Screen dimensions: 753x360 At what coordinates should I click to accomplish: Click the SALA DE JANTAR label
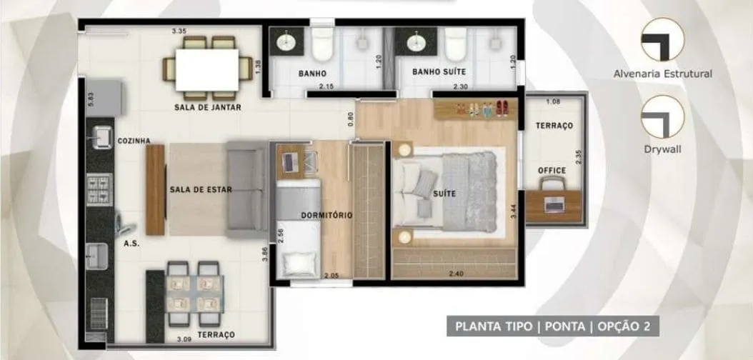[x=207, y=108]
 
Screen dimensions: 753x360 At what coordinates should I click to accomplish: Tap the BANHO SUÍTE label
[x=439, y=72]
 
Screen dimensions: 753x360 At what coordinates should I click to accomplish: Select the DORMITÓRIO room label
[x=326, y=215]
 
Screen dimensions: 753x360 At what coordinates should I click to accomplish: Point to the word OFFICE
[x=552, y=171]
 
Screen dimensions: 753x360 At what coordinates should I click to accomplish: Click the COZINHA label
[x=134, y=141]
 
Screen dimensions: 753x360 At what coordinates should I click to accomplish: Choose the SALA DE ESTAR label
[x=201, y=189]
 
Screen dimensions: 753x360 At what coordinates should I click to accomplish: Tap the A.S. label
[x=131, y=244]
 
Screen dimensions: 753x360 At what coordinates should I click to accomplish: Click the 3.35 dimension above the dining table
[x=179, y=31]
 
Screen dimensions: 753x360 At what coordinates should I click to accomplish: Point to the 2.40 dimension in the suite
[x=457, y=274]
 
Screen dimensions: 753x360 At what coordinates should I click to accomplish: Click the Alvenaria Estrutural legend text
[x=663, y=74]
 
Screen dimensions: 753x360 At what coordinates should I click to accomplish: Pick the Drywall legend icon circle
[x=663, y=116]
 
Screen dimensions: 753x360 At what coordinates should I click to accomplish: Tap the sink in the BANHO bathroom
[x=286, y=41]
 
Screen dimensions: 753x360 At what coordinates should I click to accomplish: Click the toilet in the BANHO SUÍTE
[x=455, y=44]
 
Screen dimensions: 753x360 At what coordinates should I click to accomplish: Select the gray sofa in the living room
[x=247, y=189]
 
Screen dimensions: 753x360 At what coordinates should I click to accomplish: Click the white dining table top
[x=207, y=69]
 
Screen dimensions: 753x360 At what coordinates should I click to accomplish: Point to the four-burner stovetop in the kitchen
[x=99, y=189]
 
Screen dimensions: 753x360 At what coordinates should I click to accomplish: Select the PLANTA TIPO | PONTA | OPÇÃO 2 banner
[x=553, y=326]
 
